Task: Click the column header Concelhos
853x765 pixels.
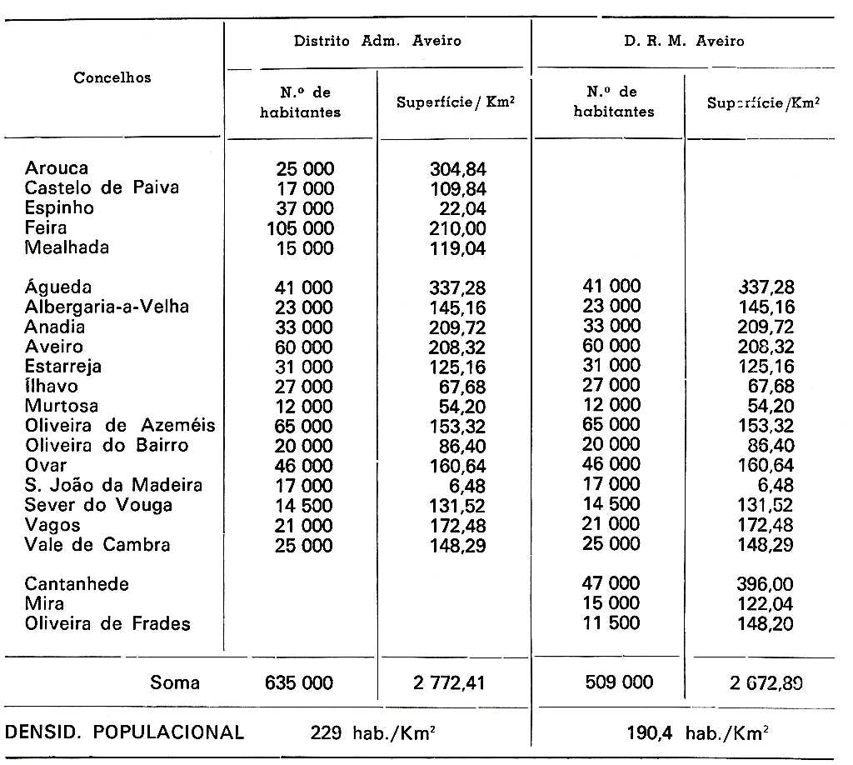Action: point(112,77)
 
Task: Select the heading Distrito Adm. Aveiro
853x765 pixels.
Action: point(377,40)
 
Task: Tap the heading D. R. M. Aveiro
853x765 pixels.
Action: point(684,40)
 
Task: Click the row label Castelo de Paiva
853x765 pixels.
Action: point(102,187)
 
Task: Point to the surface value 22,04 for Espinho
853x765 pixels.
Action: point(462,208)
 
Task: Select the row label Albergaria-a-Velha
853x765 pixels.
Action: point(107,307)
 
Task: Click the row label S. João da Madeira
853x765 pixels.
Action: point(113,485)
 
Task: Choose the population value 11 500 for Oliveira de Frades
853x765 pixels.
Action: point(611,623)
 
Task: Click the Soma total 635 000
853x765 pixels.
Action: point(299,683)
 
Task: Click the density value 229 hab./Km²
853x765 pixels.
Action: point(375,733)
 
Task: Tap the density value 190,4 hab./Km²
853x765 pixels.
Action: point(697,733)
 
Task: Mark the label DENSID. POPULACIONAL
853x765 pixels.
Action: point(124,733)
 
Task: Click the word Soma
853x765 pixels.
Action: point(175,683)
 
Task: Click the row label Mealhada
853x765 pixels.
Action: point(67,247)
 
